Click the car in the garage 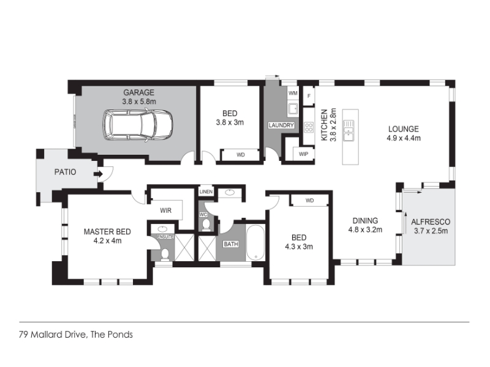point(137,125)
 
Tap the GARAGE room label point(139,92)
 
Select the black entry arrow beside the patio point(99,174)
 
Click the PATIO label point(65,172)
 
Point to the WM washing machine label point(293,93)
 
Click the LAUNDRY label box point(281,125)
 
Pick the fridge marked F point(309,96)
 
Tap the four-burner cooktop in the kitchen point(309,127)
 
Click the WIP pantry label point(303,154)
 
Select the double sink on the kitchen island point(349,130)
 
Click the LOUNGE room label point(404,129)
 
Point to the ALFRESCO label point(431,222)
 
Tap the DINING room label point(365,221)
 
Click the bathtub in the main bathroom point(255,243)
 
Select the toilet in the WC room point(206,224)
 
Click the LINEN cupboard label point(206,191)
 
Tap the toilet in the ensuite point(164,254)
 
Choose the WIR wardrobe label point(165,210)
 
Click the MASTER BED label point(107,232)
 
